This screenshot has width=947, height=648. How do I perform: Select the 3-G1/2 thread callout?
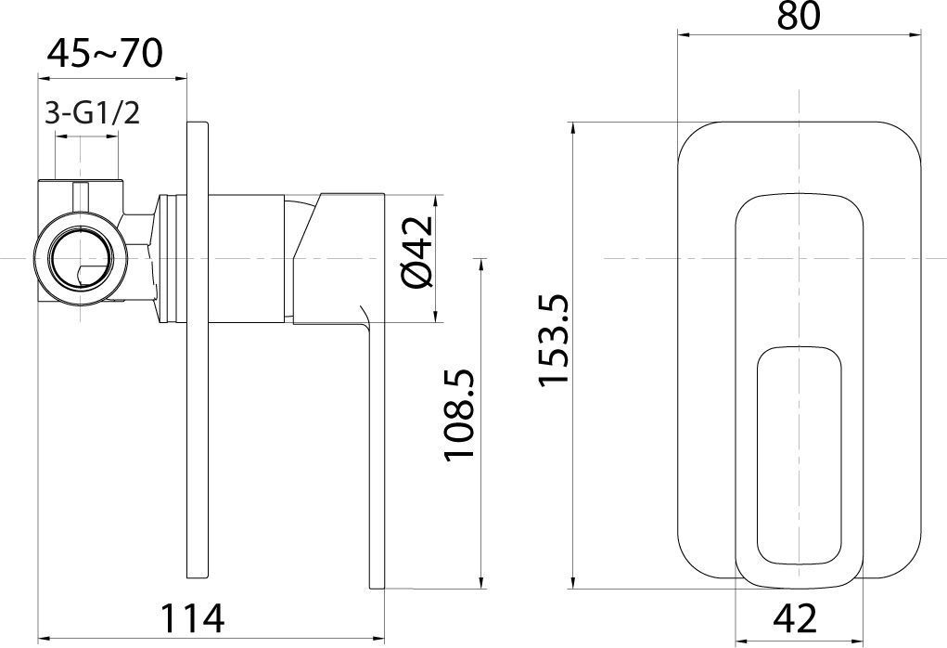click(93, 113)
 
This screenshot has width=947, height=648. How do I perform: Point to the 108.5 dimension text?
click(460, 416)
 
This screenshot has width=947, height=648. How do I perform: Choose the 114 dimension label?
click(193, 617)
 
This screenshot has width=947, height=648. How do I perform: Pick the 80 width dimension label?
click(799, 17)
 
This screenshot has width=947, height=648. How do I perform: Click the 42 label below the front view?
click(795, 617)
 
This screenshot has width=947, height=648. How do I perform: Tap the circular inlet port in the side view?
click(81, 259)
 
